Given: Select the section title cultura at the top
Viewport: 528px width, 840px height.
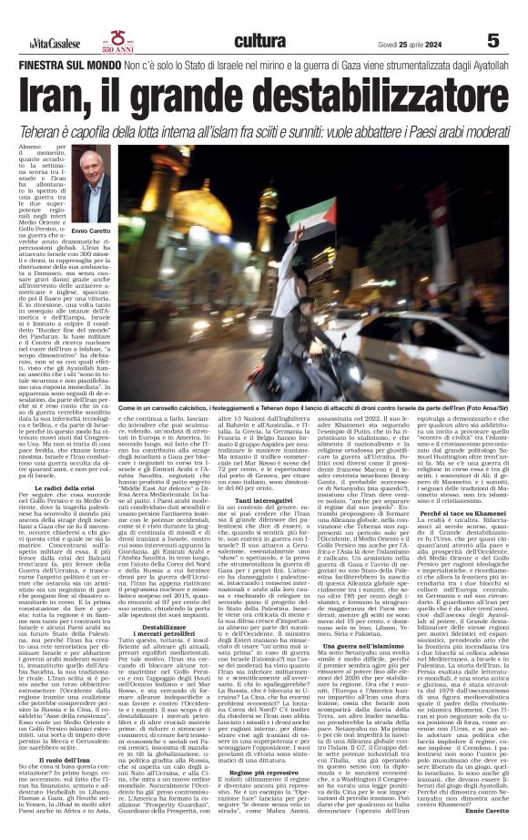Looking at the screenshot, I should click(x=259, y=40).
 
